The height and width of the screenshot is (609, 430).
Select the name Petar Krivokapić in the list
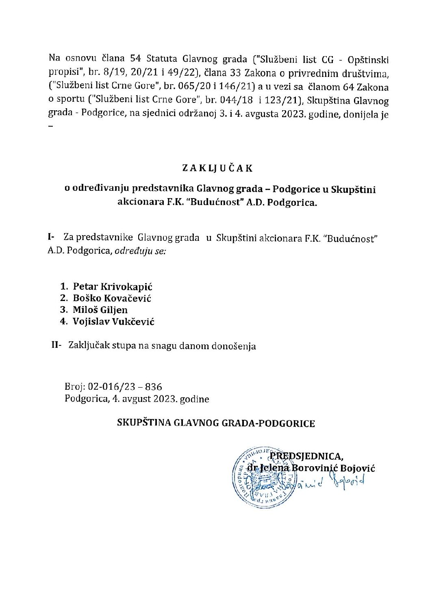pyautogui.click(x=113, y=286)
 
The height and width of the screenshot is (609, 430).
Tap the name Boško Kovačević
pyautogui.click(x=112, y=298)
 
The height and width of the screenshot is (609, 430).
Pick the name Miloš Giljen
pyautogui.click(x=100, y=310)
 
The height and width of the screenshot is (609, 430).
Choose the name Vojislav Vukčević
pyautogui.click(x=113, y=321)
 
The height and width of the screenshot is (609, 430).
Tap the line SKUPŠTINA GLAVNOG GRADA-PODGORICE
pyautogui.click(x=216, y=423)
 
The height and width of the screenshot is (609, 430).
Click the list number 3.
pyautogui.click(x=63, y=310)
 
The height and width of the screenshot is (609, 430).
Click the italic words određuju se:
pyautogui.click(x=140, y=251)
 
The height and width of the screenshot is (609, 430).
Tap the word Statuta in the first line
pyautogui.click(x=163, y=59)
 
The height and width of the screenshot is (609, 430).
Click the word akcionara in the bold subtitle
pyautogui.click(x=139, y=202)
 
